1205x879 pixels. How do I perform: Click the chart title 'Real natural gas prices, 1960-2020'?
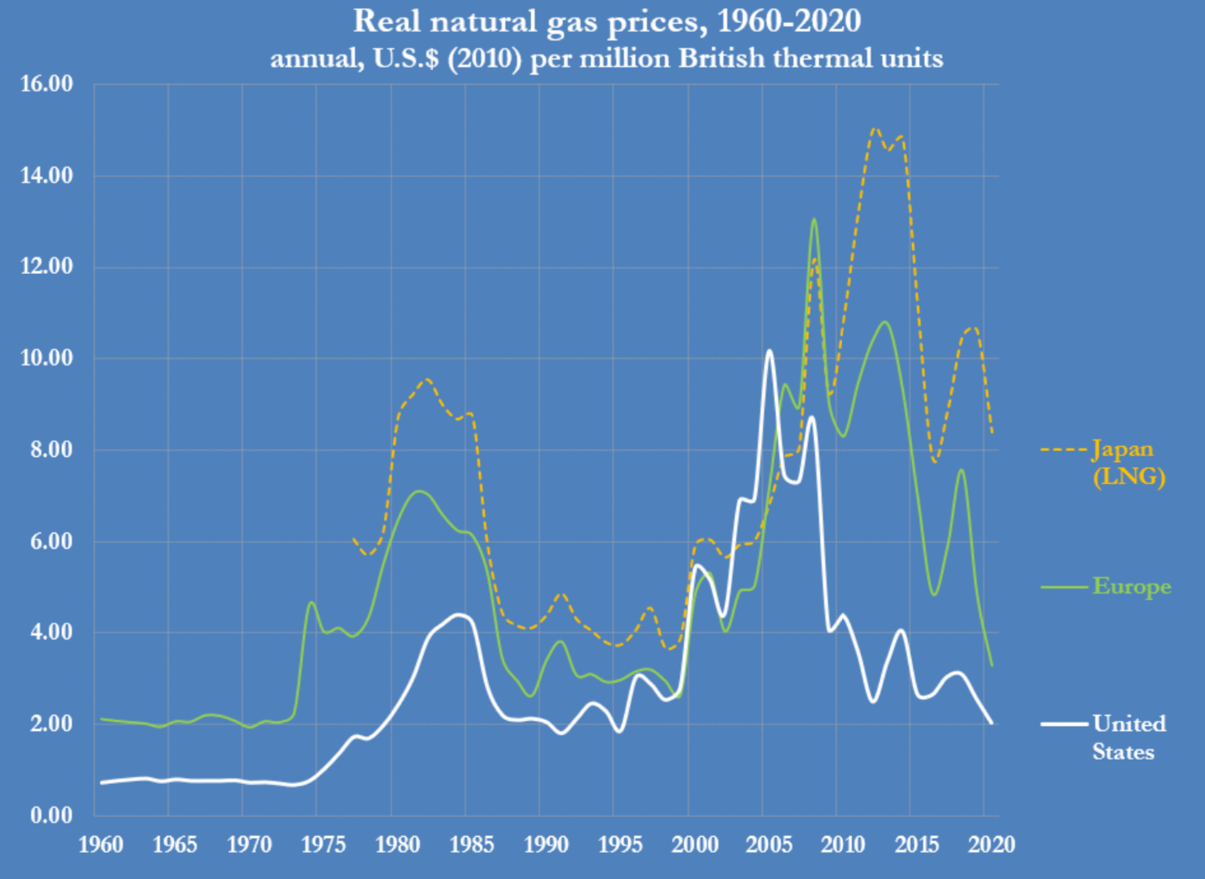607,21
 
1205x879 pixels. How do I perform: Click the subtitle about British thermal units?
607,59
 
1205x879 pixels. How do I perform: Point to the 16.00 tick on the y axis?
46,84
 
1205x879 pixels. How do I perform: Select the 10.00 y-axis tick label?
46,358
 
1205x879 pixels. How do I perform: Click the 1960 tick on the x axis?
101,844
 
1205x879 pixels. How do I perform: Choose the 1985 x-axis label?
472,844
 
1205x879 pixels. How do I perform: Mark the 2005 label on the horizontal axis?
769,844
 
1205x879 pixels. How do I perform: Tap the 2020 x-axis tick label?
992,844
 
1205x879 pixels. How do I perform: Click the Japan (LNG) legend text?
1128,463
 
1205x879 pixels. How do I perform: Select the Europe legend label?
1131,586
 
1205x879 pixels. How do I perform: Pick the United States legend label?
1129,737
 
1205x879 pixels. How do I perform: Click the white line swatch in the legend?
1064,724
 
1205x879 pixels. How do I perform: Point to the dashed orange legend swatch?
1064,450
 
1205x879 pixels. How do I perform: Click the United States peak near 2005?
769,350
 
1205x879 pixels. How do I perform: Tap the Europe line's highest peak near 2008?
813,219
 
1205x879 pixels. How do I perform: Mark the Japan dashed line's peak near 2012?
874,129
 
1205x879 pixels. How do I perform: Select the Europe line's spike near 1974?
311,602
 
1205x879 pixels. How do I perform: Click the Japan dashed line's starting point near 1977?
353,538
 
